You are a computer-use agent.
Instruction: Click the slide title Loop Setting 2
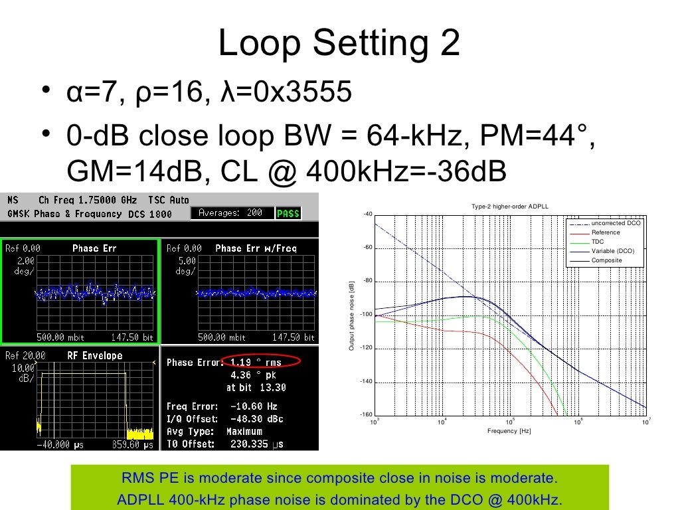point(339,44)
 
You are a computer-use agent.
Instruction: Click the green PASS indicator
point(288,213)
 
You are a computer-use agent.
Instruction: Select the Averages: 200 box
point(232,213)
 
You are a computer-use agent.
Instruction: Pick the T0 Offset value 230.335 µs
point(257,444)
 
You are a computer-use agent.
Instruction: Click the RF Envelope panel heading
point(95,356)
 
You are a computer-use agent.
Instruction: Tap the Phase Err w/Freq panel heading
point(256,248)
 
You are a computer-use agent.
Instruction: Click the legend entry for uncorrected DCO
point(616,224)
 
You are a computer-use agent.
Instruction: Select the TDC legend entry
point(598,242)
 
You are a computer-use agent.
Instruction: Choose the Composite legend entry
point(606,260)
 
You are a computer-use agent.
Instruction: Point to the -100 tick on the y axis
point(366,315)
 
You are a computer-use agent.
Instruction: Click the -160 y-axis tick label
point(366,415)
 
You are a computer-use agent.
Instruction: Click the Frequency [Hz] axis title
point(509,431)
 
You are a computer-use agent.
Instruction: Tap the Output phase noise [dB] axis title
point(352,316)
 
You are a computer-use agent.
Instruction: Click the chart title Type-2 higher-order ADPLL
point(510,207)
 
